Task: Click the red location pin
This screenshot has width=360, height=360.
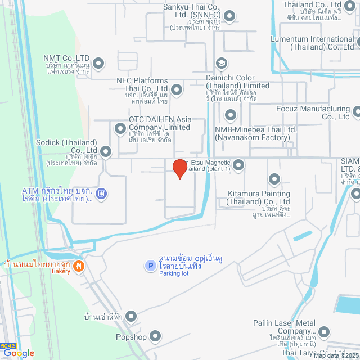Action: [x=179, y=168]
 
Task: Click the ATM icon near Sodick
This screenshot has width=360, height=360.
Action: [x=101, y=194]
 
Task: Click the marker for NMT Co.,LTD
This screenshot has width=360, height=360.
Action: [x=98, y=62]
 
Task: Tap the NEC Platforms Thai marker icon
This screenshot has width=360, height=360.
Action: [x=177, y=89]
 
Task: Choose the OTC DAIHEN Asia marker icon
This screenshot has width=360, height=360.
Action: [x=120, y=129]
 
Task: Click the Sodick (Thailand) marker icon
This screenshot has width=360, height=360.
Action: [x=106, y=151]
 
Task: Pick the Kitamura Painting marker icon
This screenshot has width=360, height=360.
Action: [x=274, y=179]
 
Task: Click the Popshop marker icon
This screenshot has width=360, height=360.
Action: [x=155, y=337]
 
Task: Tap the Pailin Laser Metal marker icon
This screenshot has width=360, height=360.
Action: [x=323, y=332]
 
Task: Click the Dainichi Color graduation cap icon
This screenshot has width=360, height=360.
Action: [x=222, y=62]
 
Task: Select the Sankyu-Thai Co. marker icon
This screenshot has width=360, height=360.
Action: [x=229, y=15]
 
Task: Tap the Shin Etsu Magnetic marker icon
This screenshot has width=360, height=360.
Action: [x=238, y=165]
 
